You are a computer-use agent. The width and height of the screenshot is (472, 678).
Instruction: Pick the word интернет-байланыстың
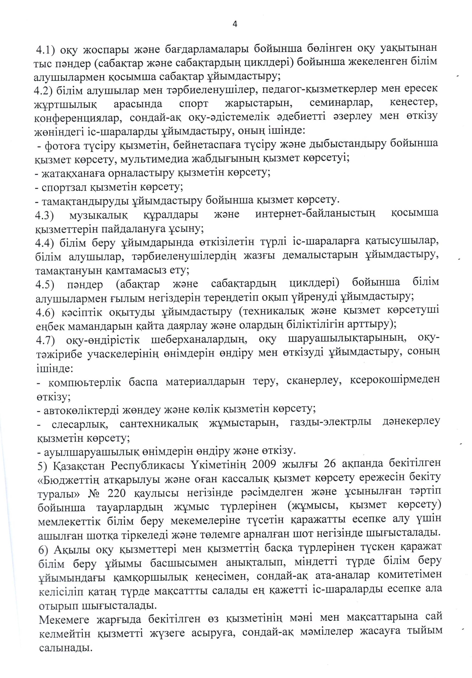315,213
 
